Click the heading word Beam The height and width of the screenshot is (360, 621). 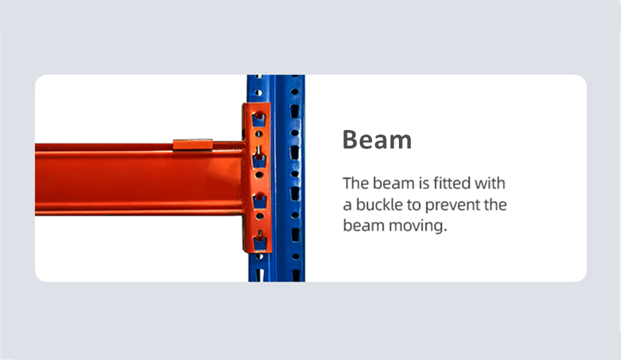click(377, 140)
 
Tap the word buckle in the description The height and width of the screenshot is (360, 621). click(379, 205)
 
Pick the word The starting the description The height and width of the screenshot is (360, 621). click(355, 183)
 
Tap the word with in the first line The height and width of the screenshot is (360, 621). click(490, 183)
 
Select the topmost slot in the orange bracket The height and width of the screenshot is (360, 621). click(259, 118)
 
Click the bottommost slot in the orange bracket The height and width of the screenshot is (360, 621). click(259, 239)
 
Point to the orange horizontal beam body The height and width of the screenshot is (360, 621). click(131, 178)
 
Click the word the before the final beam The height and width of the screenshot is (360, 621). click(494, 205)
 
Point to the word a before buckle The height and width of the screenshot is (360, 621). click(348, 205)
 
